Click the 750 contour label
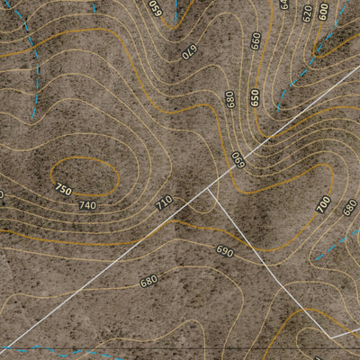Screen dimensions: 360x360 pos(62,189)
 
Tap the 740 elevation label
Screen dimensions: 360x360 pos(87,205)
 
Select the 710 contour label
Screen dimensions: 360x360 pos(163,202)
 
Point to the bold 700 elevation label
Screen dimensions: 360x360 pos(323,204)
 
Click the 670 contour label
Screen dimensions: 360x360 pos(190,51)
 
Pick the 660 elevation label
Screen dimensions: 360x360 pos(256,40)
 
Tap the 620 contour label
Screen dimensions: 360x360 pos(308,13)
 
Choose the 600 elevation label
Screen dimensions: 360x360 pos(323,11)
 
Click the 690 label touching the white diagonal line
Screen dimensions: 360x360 pos(238,159)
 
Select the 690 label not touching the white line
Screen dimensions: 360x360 pos(224,251)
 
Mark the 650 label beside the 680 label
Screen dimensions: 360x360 pos(255,97)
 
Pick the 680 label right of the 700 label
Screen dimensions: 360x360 pos(349,208)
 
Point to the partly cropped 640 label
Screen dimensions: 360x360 pos(284,4)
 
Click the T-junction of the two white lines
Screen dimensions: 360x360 pos(208,189)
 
